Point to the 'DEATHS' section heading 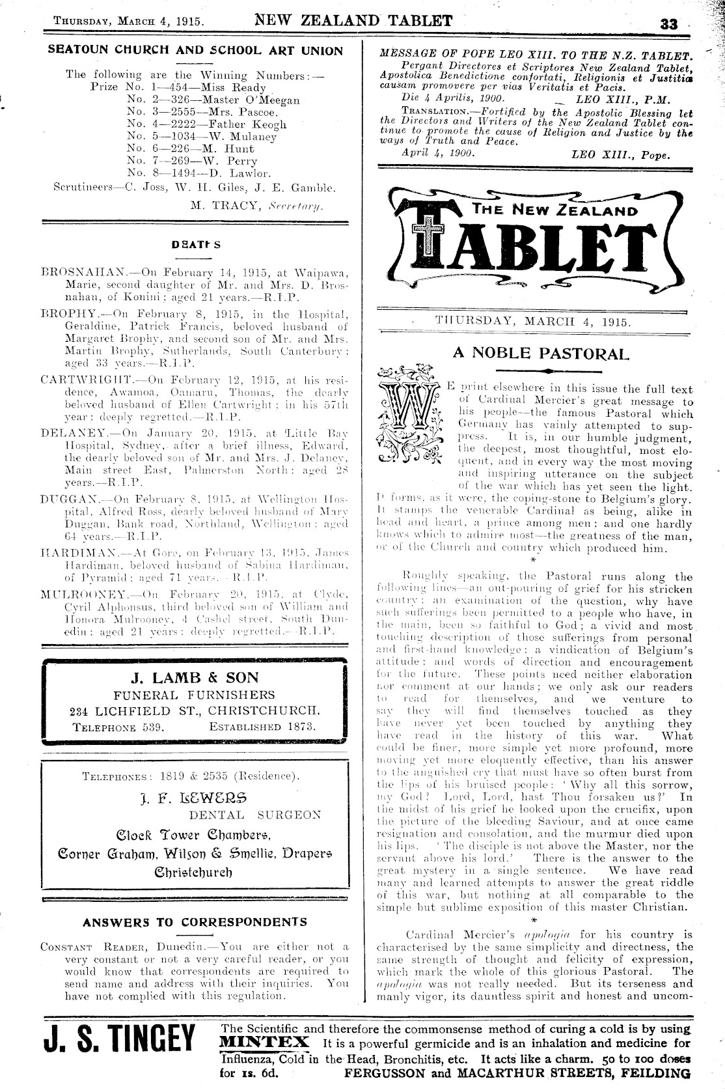tap(196, 245)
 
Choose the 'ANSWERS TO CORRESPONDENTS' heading tap(195, 922)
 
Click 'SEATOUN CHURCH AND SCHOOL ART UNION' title tap(196, 50)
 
